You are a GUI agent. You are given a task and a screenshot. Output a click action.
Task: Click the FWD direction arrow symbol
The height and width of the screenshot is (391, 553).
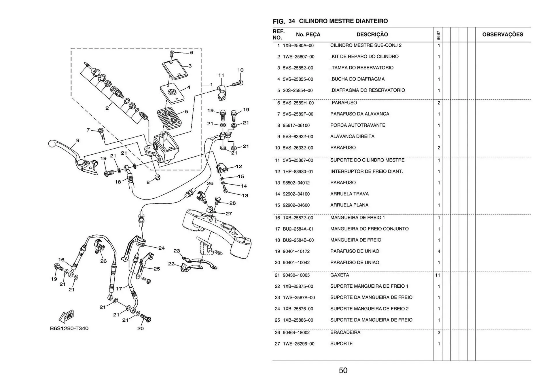tap(67, 316)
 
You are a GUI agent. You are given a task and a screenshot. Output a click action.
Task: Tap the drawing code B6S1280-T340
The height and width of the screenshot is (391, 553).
tap(69, 328)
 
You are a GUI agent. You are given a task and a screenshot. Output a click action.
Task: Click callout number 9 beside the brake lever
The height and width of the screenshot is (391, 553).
tap(78, 141)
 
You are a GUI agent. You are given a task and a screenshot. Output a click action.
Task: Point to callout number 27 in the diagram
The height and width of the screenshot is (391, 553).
tap(229, 214)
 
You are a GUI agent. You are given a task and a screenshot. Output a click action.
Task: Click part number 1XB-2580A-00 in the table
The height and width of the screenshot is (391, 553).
tap(298, 45)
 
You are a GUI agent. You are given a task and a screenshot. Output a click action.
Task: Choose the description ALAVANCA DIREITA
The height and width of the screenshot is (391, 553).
tap(352, 136)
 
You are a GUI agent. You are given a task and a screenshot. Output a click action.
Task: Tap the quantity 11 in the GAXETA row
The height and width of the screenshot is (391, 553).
tap(438, 275)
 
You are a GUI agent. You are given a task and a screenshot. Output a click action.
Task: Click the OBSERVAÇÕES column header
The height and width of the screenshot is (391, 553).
tap(503, 35)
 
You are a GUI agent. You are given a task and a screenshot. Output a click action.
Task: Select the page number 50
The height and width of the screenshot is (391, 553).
tap(343, 370)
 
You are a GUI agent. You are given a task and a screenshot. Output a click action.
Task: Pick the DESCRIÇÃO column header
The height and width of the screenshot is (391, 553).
tap(372, 35)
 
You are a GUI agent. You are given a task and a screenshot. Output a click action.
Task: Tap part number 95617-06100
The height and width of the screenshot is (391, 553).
tap(296, 126)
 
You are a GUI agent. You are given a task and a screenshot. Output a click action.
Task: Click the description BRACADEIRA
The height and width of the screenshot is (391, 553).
tap(345, 332)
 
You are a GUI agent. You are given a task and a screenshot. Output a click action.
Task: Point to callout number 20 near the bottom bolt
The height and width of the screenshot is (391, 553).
tap(141, 328)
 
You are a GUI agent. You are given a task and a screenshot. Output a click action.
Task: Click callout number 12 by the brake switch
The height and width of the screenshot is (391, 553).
tap(239, 166)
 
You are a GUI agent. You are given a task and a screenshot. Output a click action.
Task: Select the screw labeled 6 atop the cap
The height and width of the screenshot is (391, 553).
tap(172, 53)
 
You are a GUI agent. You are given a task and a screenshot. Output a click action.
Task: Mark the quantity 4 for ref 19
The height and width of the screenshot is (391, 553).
tap(439, 251)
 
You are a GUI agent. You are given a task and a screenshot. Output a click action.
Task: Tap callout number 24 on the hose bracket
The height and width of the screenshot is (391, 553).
tap(162, 248)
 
